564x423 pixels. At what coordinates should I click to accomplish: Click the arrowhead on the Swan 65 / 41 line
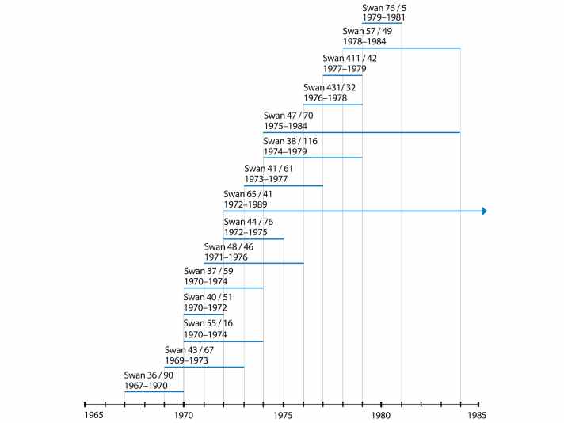coord(483,211)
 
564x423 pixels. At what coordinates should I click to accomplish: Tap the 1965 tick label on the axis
coord(94,415)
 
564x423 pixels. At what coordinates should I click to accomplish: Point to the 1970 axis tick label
coord(184,415)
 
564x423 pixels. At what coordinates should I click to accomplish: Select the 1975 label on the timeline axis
coord(284,415)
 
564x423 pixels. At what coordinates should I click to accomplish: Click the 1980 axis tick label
coord(381,415)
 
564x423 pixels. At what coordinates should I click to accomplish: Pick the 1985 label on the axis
coord(478,415)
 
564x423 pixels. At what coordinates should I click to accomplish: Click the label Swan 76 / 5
coord(384,7)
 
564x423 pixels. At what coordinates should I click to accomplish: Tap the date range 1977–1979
coord(345,68)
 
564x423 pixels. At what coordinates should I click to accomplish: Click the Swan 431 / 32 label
coord(330,88)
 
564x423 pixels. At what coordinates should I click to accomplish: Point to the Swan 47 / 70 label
coord(288,116)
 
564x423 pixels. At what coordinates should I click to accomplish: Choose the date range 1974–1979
coord(285,151)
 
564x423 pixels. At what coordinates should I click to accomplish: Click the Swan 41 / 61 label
coord(269,169)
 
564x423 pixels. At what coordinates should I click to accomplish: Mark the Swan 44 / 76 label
coord(249,222)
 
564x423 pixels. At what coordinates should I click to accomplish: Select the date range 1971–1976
coord(226,257)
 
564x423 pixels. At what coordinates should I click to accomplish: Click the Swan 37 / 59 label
coord(208,272)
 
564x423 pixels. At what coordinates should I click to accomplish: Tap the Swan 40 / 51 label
coord(208,298)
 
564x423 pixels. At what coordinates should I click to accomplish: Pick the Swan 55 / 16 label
coord(208,323)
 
